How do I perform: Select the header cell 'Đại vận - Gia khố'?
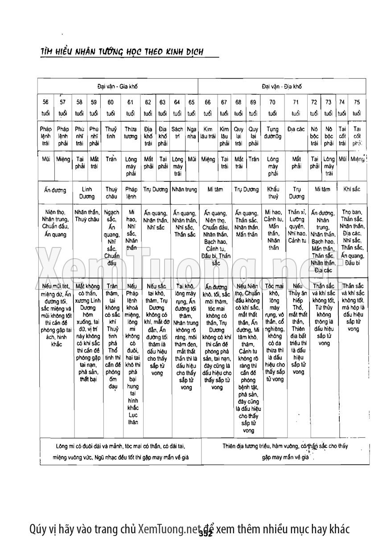tap(117, 86)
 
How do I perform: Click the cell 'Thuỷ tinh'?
tap(111, 132)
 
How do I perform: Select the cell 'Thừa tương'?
tap(131, 132)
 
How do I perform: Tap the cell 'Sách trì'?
tap(177, 132)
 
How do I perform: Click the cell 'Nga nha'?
tap(192, 132)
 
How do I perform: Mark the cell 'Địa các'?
tap(296, 129)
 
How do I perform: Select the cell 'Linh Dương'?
tap(87, 193)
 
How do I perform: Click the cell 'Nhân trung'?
tap(184, 189)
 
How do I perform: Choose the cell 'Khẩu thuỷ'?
tap(273, 193)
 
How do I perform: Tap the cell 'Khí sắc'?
tap(351, 189)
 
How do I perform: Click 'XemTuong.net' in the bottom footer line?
tap(167, 529)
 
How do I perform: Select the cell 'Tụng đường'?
tap(272, 132)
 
